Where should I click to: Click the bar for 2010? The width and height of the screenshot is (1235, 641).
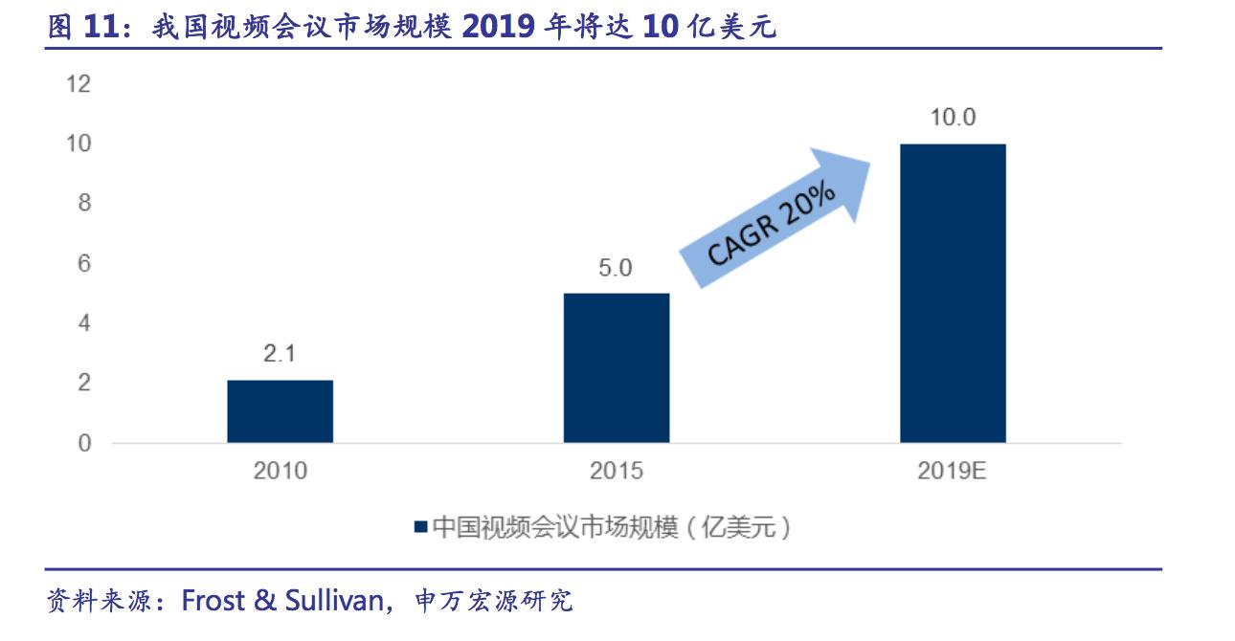(x=280, y=411)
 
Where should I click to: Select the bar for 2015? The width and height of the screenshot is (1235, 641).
(x=616, y=367)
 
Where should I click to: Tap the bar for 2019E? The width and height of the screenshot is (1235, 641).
(x=953, y=293)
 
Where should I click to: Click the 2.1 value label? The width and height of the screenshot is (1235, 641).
(x=280, y=354)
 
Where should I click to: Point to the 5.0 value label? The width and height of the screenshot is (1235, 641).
(x=616, y=268)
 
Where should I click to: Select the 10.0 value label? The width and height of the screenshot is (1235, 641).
(x=953, y=119)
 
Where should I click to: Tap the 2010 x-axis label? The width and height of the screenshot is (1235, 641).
(x=280, y=472)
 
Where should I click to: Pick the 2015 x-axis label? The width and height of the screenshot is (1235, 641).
(x=616, y=472)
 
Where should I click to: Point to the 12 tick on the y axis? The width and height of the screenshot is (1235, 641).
(x=78, y=84)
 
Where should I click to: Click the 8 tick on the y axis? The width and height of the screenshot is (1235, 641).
(x=83, y=204)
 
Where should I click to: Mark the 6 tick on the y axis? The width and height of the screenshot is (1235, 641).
(x=83, y=263)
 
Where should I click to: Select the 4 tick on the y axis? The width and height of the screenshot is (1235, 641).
(x=83, y=323)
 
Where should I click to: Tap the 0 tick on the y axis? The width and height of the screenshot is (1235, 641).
(x=83, y=443)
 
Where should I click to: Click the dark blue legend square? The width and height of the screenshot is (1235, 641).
(x=420, y=527)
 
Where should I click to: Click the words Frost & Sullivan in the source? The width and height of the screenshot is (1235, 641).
(x=283, y=600)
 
